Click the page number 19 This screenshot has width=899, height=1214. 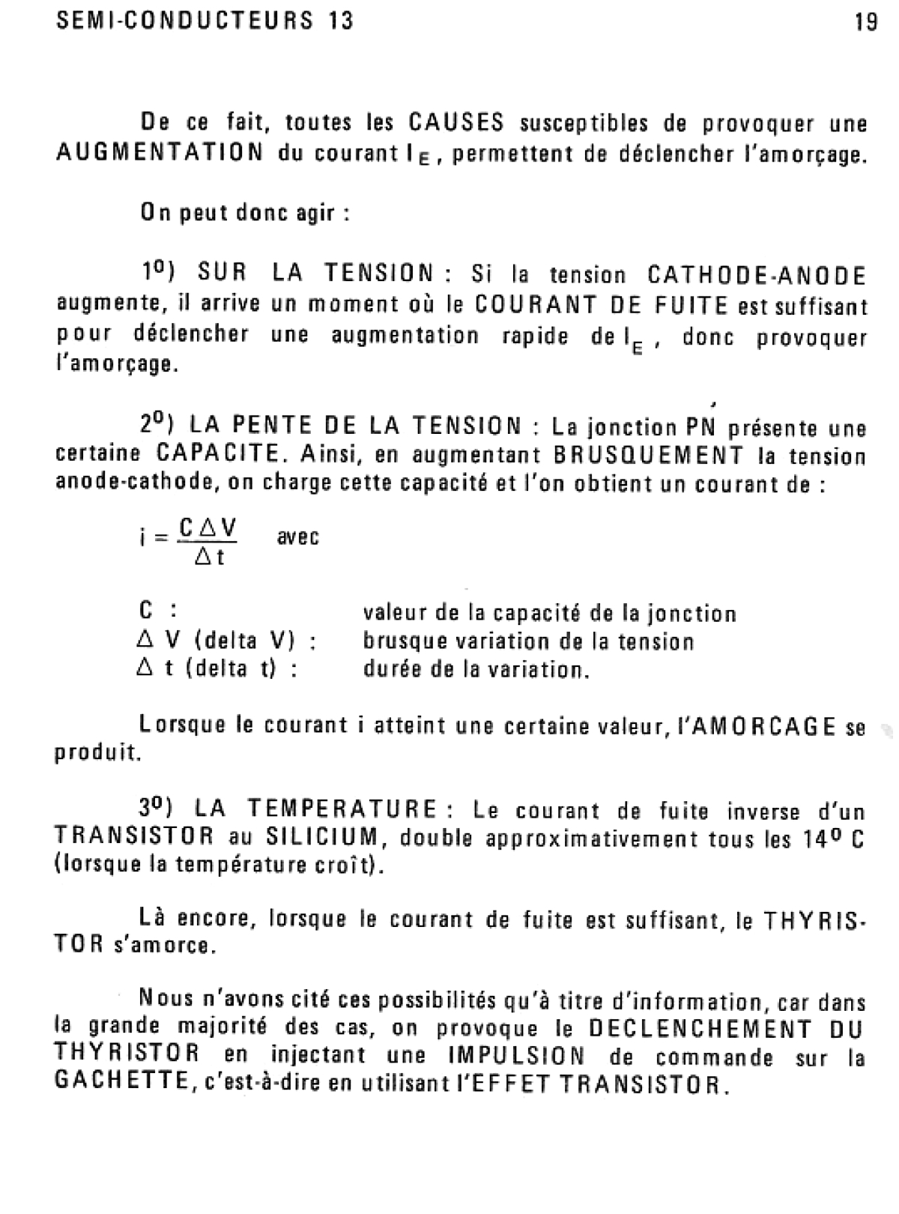865,22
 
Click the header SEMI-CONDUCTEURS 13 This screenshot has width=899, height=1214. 205,20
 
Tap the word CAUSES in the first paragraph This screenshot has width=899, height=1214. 456,122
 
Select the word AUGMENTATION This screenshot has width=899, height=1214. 160,153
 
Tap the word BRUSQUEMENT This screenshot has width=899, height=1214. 649,455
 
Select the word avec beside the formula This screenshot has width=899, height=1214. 298,537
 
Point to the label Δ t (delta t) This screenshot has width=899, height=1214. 217,669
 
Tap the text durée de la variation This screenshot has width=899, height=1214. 476,669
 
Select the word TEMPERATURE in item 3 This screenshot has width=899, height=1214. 342,810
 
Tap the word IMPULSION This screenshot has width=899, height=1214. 516,1056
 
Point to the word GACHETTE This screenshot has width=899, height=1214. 121,1084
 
